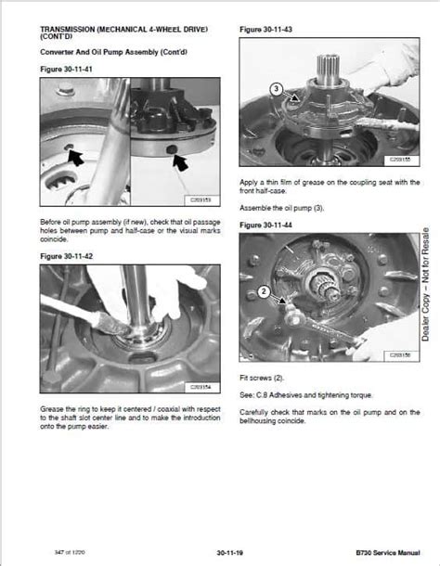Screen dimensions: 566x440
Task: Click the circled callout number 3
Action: click(276, 89)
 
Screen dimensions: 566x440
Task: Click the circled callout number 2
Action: click(265, 291)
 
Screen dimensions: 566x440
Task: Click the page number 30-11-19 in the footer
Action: click(219, 553)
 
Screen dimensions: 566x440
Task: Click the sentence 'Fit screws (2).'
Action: click(264, 376)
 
